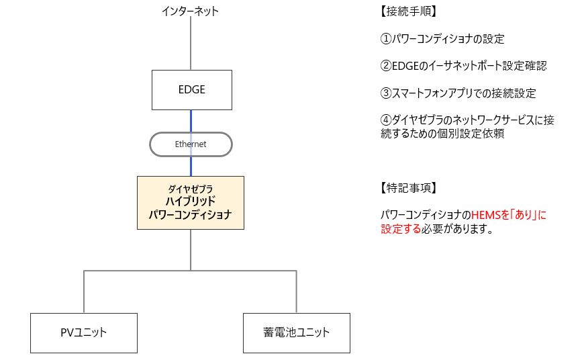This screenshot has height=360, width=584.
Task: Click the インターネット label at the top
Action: (x=191, y=11)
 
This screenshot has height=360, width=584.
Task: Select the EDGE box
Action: (x=191, y=90)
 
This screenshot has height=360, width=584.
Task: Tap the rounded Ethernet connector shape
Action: (x=191, y=144)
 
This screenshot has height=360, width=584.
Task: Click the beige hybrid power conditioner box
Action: (x=191, y=203)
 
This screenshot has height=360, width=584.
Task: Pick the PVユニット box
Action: (x=84, y=332)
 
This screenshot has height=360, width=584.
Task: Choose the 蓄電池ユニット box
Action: (x=296, y=332)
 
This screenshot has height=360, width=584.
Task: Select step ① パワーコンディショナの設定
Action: (x=442, y=39)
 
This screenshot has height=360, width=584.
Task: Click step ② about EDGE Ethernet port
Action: (x=464, y=66)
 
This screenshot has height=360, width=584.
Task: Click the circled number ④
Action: (x=385, y=120)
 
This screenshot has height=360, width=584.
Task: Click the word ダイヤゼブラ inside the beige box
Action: (x=191, y=189)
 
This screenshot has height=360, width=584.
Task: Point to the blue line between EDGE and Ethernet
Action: (x=191, y=120)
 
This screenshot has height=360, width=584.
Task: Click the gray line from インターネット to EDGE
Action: (x=191, y=44)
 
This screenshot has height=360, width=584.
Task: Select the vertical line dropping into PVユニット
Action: (x=84, y=292)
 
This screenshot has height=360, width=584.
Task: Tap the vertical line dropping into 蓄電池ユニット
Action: (x=296, y=292)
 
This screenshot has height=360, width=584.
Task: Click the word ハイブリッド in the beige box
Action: (x=191, y=201)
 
